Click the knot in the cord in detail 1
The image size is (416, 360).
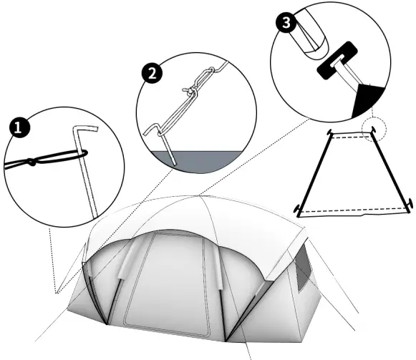[x=33, y=162]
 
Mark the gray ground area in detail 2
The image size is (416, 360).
[x=208, y=160]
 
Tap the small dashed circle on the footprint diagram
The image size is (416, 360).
[x=372, y=130]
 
